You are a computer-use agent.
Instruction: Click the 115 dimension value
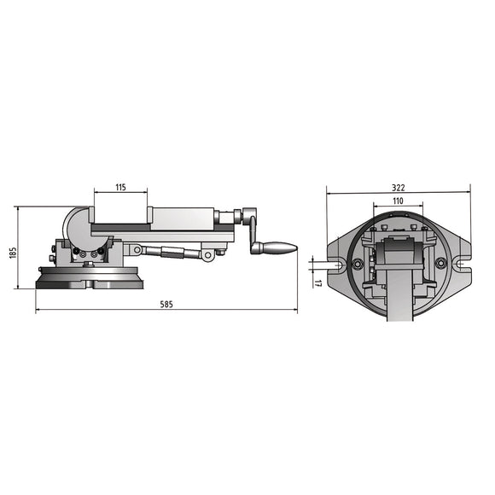click(120, 186)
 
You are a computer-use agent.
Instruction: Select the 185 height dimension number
click(15, 255)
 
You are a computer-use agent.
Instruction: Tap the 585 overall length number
click(166, 305)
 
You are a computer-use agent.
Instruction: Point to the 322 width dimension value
click(398, 188)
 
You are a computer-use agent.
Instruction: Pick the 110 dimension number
click(398, 200)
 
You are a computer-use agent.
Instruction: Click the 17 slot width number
click(317, 282)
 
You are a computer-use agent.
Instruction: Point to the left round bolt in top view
click(358, 263)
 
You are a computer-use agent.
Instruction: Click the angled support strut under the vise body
click(166, 253)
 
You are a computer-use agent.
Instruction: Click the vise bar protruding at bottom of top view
click(399, 307)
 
